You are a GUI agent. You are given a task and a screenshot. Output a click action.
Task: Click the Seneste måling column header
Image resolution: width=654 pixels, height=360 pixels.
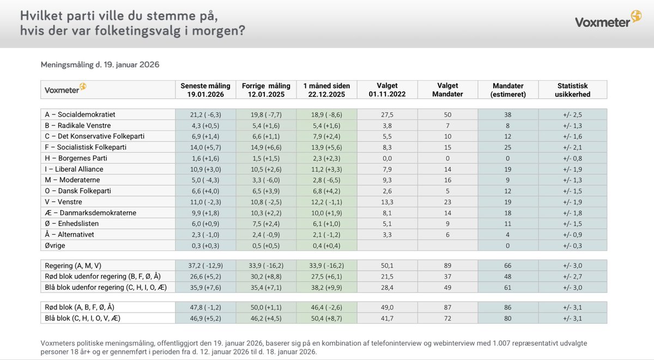click(x=205, y=90)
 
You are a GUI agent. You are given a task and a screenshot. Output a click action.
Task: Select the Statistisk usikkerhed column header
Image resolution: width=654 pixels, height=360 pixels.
click(x=572, y=90)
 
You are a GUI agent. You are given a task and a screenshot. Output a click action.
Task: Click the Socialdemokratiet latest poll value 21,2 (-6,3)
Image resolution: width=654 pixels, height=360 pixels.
click(x=205, y=114)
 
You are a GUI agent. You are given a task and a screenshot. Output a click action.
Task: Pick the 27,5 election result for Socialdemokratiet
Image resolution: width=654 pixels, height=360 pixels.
click(x=387, y=114)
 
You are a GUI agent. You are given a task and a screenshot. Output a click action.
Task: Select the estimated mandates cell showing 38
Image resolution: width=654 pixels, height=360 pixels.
click(x=507, y=114)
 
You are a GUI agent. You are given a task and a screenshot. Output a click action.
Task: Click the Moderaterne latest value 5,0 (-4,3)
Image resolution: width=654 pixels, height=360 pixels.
click(x=205, y=180)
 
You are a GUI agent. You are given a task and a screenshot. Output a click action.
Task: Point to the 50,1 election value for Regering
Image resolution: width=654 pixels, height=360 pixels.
click(x=387, y=265)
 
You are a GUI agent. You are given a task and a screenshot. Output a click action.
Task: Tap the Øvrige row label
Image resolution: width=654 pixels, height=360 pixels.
click(x=56, y=245)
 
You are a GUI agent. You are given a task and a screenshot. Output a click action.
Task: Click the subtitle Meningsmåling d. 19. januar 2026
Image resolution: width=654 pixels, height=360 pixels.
click(x=100, y=64)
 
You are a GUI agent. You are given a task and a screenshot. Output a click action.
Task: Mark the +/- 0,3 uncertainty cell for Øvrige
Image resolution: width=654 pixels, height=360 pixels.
click(x=572, y=245)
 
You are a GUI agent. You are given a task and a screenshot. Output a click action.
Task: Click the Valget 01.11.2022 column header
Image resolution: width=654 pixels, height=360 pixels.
click(x=387, y=90)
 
